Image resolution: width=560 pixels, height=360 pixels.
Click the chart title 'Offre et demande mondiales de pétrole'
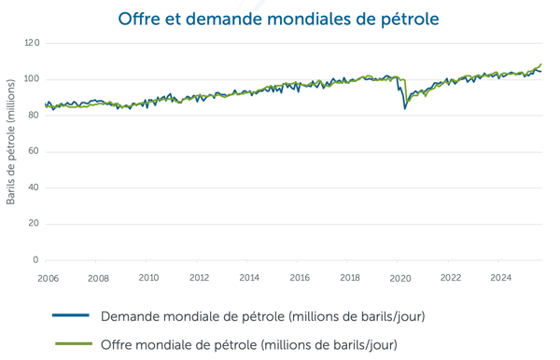coord(279,19)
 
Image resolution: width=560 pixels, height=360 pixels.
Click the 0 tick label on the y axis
coord(35,260)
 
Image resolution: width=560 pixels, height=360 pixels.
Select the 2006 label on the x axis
coord(48,278)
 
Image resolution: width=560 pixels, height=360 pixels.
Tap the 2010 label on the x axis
coord(148,278)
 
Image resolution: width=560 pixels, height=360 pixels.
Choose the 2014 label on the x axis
coord(249,278)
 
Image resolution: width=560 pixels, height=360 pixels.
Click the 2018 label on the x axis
coord(350,278)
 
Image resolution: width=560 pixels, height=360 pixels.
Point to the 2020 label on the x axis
coord(400,278)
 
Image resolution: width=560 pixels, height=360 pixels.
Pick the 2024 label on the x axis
coord(501,278)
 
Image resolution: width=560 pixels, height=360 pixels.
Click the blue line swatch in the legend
coord(70,316)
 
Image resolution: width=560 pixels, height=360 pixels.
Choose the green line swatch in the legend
coord(70,344)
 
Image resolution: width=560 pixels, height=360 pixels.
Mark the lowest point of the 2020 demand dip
coord(405,108)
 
